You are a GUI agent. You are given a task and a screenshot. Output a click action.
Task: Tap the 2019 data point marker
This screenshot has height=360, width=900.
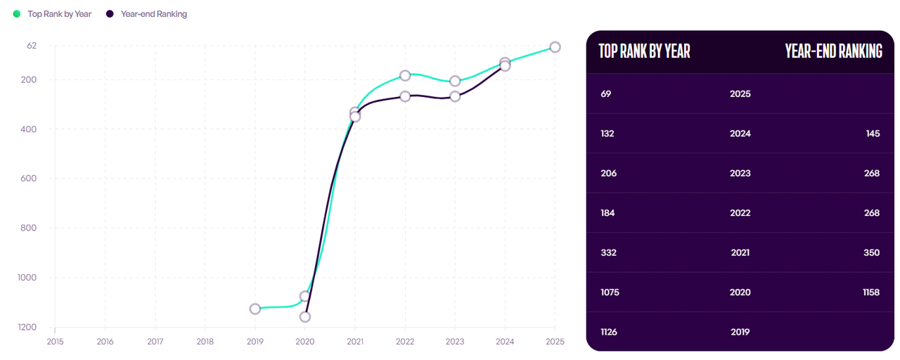click(x=255, y=309)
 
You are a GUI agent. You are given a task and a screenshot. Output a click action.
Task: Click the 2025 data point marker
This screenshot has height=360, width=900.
click(x=555, y=47)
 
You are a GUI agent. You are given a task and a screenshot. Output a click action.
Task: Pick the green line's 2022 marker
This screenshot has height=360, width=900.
click(x=405, y=75)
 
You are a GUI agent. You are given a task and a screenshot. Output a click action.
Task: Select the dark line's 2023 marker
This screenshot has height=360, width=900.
click(x=455, y=96)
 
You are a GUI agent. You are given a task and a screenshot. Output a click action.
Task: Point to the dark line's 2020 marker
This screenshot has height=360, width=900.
click(x=305, y=317)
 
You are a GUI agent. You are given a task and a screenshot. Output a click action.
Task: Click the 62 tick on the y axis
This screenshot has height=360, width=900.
click(x=32, y=46)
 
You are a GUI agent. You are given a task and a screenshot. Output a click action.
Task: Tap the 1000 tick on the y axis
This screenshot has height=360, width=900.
click(x=27, y=278)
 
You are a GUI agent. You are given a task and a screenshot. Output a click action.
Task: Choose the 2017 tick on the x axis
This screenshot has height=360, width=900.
click(x=155, y=341)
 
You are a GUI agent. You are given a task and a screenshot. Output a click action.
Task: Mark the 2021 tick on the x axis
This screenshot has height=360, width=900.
click(x=355, y=341)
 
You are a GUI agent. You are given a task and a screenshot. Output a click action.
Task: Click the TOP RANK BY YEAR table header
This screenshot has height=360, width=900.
click(x=644, y=51)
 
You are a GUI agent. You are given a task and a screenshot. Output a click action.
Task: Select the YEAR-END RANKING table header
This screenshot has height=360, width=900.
click(x=833, y=51)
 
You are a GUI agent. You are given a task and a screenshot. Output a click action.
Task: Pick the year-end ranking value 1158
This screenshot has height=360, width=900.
click(x=870, y=292)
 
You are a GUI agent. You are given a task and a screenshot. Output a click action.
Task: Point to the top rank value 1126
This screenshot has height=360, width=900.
click(x=609, y=332)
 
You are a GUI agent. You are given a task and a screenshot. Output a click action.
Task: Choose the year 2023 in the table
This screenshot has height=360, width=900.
click(x=740, y=173)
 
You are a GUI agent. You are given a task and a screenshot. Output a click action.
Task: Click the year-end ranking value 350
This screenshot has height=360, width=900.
click(x=872, y=252)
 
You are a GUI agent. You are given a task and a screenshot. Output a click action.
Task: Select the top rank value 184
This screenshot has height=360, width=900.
click(x=608, y=213)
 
